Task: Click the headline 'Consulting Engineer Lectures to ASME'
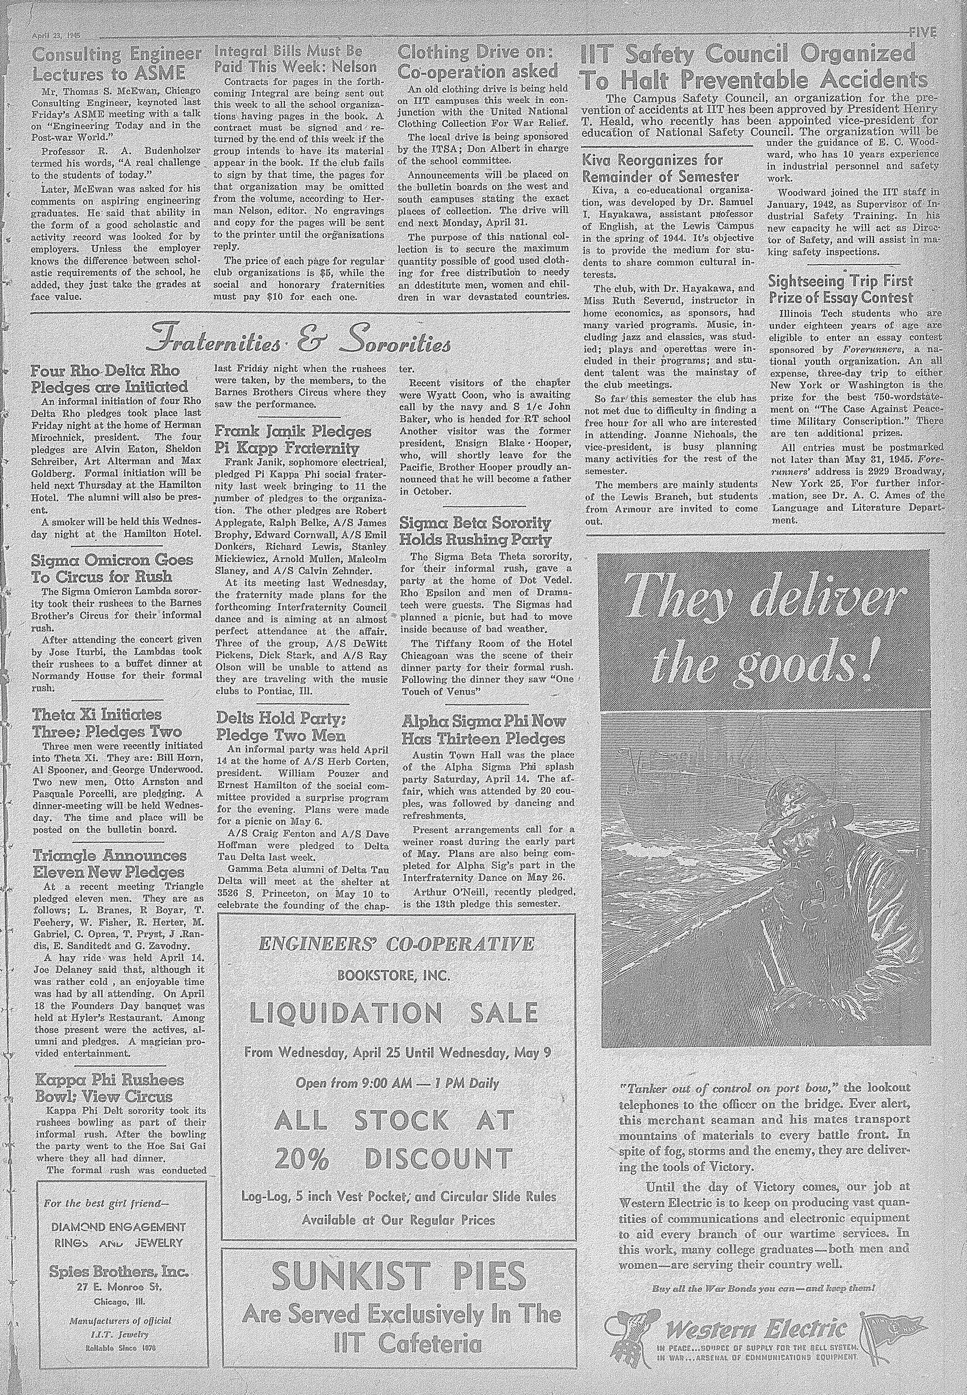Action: (116, 64)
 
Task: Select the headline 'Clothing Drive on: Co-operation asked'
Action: (477, 62)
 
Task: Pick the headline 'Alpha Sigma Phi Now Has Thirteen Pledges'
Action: (483, 729)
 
